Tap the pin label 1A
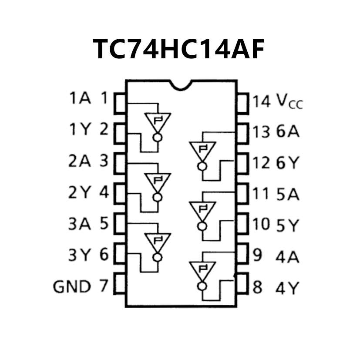click(x=80, y=98)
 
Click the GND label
click(x=72, y=287)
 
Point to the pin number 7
click(x=103, y=286)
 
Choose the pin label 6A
click(x=288, y=131)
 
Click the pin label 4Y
click(x=288, y=288)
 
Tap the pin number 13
click(x=262, y=131)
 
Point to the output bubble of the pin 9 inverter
click(x=202, y=286)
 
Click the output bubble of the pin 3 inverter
click(x=158, y=197)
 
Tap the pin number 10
click(x=262, y=225)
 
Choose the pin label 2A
click(x=80, y=161)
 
